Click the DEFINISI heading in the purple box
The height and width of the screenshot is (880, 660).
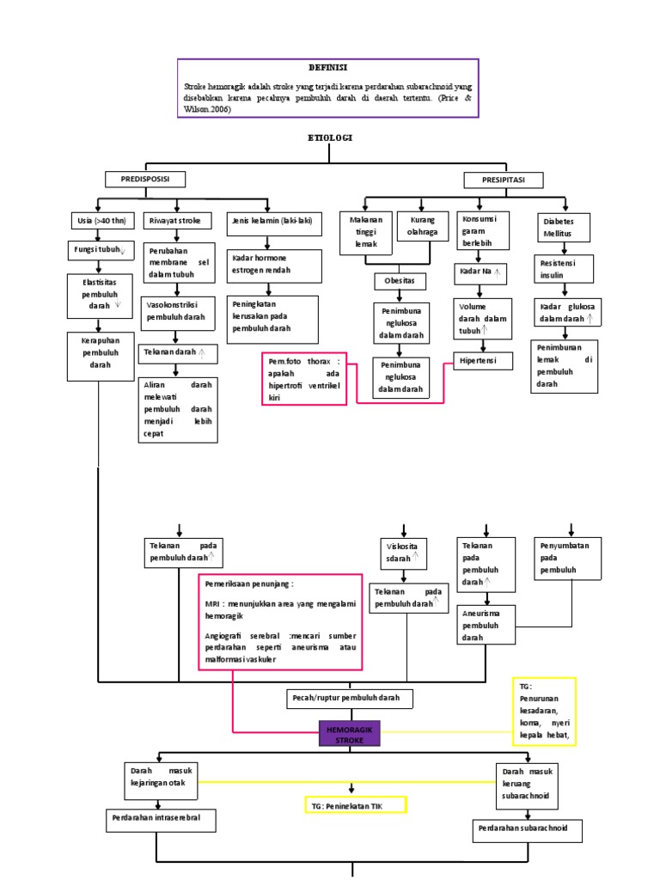pos(328,67)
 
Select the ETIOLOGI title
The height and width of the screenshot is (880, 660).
pos(330,138)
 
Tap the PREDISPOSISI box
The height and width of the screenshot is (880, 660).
pos(145,180)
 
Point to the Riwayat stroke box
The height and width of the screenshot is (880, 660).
pos(176,221)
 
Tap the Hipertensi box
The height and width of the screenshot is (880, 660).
pos(483,361)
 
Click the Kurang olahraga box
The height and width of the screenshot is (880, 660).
pos(424,226)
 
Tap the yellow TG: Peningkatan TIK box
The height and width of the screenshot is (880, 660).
pos(355,804)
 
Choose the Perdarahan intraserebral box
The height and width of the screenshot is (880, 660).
pos(160,818)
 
